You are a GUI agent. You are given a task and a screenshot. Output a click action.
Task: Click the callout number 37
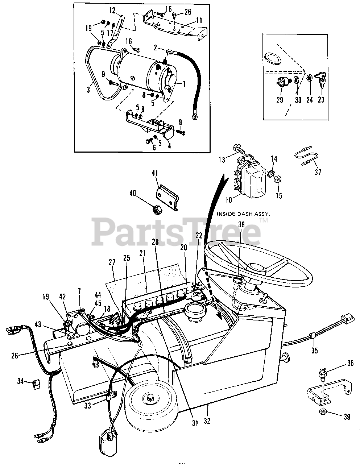coord(318,172)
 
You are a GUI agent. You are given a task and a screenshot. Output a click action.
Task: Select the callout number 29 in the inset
coord(280,100)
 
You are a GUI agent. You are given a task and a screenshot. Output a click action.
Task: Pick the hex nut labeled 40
coord(157,210)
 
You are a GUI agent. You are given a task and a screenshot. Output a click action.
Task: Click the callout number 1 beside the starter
coord(184,84)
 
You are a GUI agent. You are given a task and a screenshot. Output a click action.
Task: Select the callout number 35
coord(314,350)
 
